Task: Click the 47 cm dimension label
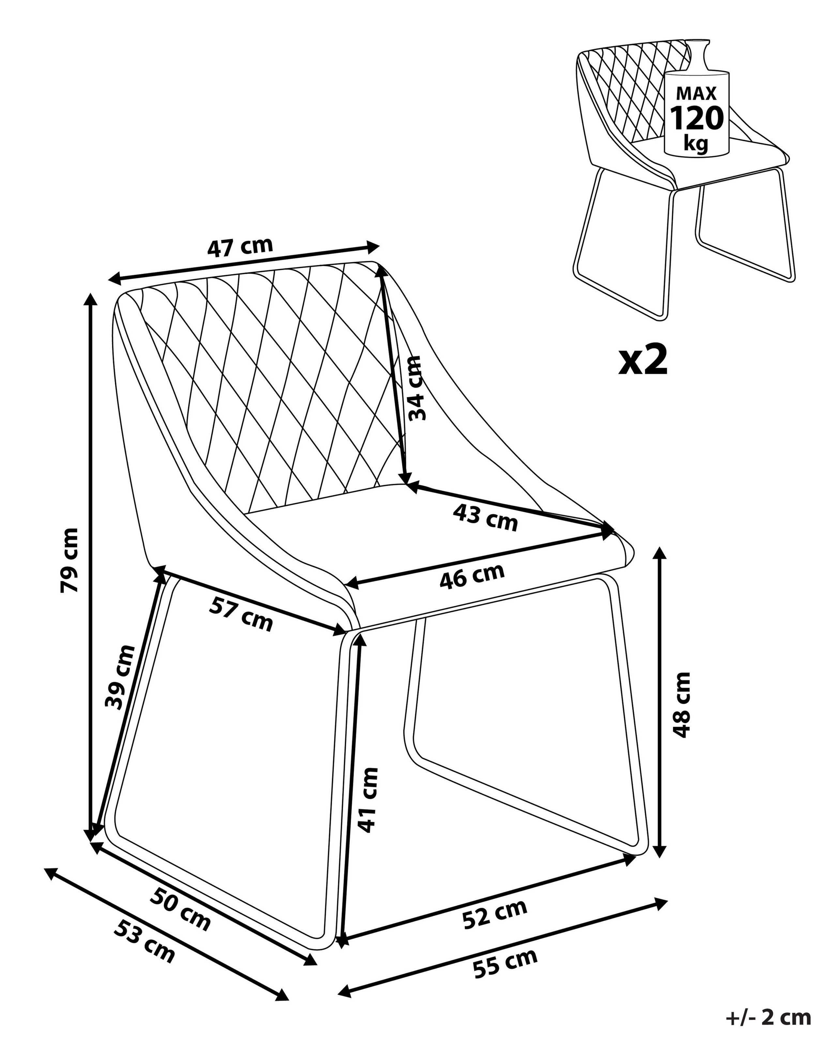coord(240,246)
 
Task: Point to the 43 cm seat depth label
coord(486,517)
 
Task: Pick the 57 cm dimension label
coord(241,614)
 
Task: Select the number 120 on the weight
coord(697,118)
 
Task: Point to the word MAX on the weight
coord(697,92)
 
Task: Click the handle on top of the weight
coord(698,54)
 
